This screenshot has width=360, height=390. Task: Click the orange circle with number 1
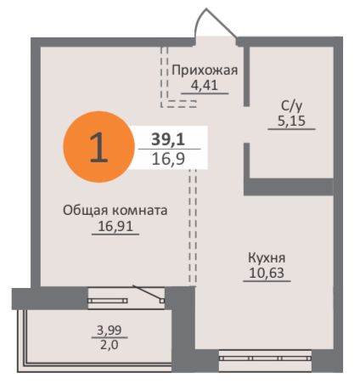(x=99, y=146)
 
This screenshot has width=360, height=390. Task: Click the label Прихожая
(x=204, y=71)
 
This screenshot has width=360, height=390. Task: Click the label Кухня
(x=267, y=257)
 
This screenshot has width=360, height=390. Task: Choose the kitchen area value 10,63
(x=267, y=273)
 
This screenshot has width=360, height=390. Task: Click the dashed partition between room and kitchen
(x=192, y=225)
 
